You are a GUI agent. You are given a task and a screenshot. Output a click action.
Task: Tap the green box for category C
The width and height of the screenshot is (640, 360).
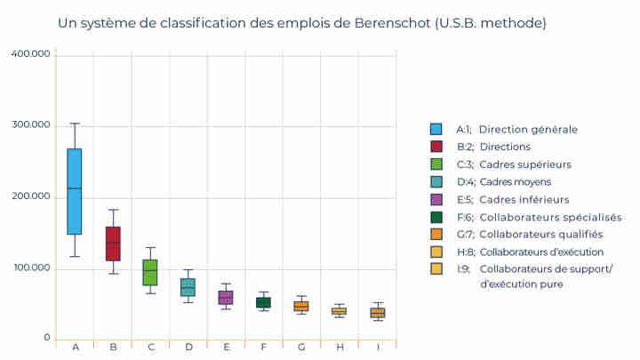150,272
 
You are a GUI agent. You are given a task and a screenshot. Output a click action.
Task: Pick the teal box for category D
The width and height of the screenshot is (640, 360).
188,287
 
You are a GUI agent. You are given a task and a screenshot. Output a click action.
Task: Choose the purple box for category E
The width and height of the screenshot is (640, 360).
226,298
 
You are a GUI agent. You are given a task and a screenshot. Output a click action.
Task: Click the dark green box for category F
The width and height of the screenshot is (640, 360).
263,303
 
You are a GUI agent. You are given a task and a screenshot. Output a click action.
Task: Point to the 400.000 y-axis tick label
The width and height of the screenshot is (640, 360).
31,54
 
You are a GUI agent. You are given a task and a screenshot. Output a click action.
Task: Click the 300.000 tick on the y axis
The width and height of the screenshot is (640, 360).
31,125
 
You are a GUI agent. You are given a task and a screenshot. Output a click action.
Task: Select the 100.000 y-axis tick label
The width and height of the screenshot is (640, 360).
31,268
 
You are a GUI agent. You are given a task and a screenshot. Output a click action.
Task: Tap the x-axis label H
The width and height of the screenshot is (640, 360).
340,346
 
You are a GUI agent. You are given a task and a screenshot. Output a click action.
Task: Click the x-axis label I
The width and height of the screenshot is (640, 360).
378,346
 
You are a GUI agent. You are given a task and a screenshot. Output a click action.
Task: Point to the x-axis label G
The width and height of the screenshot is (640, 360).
301,346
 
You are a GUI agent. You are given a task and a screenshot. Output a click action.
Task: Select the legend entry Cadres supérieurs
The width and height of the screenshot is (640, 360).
524,164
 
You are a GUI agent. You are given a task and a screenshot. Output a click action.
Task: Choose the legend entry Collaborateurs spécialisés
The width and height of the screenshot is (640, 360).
549,217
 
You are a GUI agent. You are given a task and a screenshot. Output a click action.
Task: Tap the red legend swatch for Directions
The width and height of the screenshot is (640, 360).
436,147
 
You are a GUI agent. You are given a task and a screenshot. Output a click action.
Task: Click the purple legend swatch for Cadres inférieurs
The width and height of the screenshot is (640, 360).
436,199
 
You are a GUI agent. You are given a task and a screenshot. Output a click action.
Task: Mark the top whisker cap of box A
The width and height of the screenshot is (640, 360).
75,124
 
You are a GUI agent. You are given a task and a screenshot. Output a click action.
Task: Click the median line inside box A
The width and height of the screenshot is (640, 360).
75,188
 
